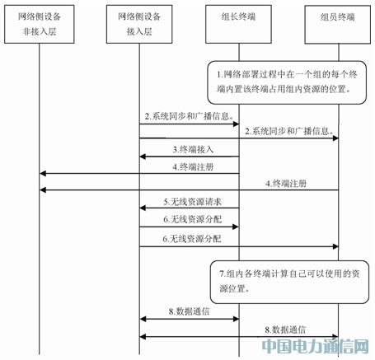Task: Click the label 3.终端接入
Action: (x=193, y=149)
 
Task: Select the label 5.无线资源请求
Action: (x=193, y=202)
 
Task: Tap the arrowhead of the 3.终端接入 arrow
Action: (x=143, y=157)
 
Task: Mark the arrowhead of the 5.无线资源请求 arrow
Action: (x=143, y=208)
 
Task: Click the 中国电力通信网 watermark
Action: (x=315, y=346)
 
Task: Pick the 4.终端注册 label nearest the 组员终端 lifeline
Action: (x=286, y=184)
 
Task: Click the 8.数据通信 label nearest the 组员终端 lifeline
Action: (x=285, y=330)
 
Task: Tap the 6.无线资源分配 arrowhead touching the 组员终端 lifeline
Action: (x=335, y=246)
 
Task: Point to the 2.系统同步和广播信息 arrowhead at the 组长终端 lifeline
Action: (x=236, y=124)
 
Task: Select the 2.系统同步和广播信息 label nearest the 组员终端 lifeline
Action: (x=289, y=131)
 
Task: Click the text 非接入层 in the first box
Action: (x=40, y=31)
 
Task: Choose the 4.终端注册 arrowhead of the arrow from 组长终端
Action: (x=43, y=173)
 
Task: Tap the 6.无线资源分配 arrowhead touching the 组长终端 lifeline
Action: (x=236, y=227)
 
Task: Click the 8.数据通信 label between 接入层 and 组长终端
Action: (x=189, y=311)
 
